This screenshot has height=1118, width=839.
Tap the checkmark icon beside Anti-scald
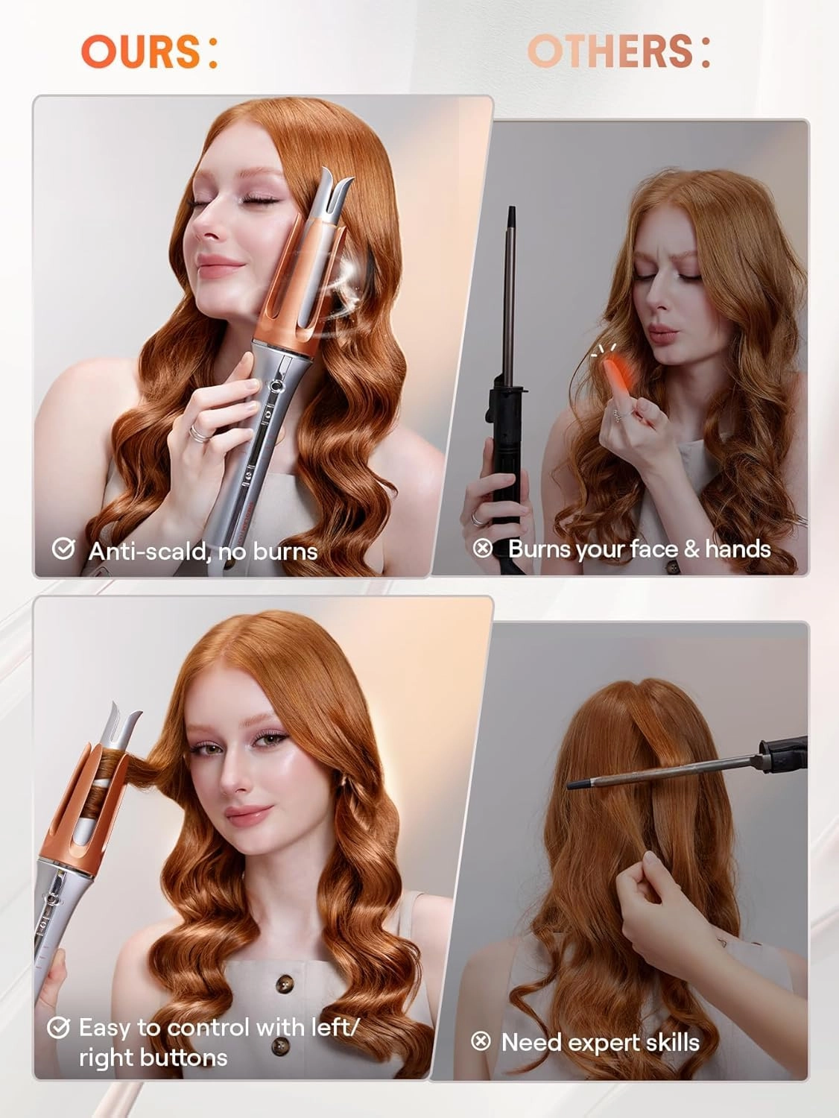click(63, 549)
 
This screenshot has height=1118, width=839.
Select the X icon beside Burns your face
click(483, 549)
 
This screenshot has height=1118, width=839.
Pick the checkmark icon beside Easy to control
click(58, 1028)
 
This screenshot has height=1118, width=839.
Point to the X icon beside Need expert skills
click(481, 1041)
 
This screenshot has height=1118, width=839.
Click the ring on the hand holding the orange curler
click(196, 431)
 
